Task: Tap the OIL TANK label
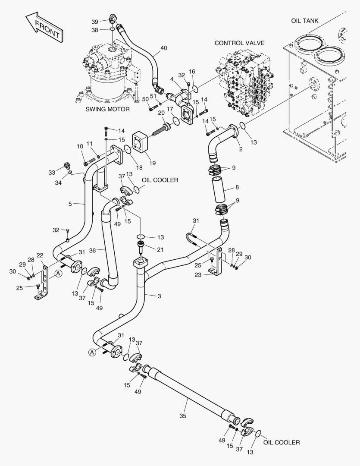pos(304,21)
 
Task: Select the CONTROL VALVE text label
pos(239,43)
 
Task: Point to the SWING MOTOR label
pos(107,109)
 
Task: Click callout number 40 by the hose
pos(164,48)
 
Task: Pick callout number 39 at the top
pos(95,22)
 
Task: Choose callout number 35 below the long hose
pos(183,416)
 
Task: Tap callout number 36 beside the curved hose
pos(92,251)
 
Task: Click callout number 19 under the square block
pos(152,163)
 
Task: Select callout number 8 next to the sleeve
pos(237,187)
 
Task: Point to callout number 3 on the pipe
pos(159,296)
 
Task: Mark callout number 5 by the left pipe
pos(70,204)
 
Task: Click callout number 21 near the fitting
pos(160,250)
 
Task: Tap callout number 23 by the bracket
pos(198,275)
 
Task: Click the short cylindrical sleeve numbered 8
pos(218,189)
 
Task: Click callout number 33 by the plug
pos(52,172)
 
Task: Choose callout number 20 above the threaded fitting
pos(161,113)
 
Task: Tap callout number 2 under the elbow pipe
pos(241,149)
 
